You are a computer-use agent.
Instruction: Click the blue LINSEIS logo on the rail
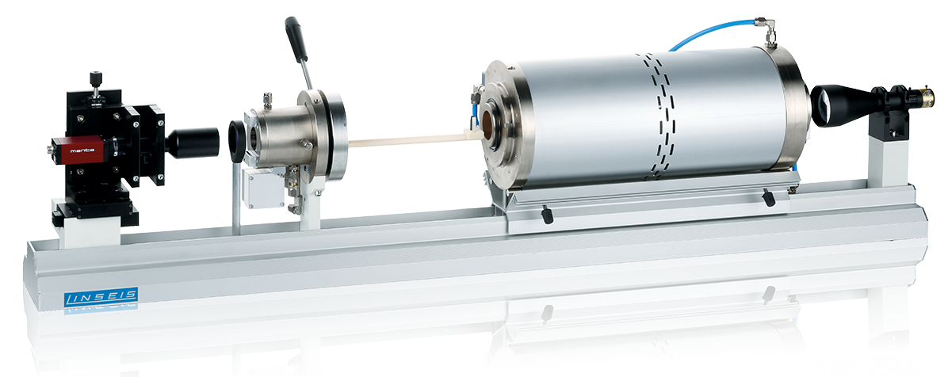click(x=101, y=296)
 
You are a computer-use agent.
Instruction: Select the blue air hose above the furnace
click(x=714, y=33)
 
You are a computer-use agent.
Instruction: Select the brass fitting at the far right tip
click(x=926, y=96)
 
